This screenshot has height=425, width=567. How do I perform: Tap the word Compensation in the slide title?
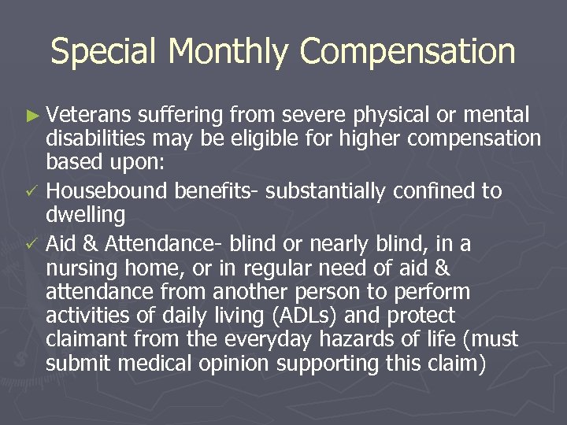[408, 52]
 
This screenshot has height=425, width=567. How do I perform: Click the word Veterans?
[88, 116]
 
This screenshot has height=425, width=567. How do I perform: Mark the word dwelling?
[85, 216]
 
